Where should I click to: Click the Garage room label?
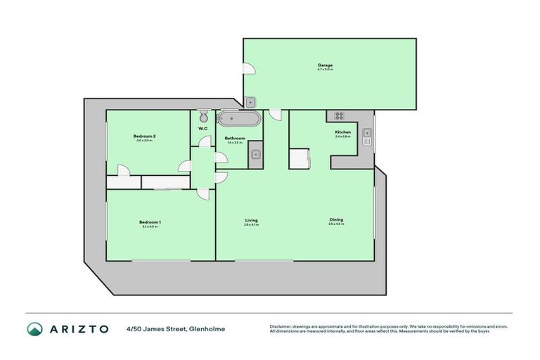324,65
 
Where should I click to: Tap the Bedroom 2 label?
144,136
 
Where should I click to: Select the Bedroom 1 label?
151,223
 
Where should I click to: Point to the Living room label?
251,221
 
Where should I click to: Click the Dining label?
336,220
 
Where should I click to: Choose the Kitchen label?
342,132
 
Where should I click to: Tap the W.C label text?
202,129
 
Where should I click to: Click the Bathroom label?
235,139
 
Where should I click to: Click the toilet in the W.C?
203,116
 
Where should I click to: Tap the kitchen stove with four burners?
338,116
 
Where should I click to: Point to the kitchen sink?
366,136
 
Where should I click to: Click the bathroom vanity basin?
256,155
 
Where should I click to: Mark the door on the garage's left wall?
248,68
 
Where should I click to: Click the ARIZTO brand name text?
78,329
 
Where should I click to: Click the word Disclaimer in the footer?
281,326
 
